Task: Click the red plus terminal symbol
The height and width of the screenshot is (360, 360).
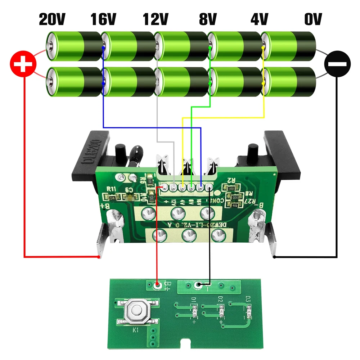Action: (23, 65)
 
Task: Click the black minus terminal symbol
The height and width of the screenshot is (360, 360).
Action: (337, 65)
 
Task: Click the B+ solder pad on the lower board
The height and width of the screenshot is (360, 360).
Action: (157, 285)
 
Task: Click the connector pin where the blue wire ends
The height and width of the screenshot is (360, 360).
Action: (201, 187)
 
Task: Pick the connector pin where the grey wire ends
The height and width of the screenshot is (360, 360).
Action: (174, 187)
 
